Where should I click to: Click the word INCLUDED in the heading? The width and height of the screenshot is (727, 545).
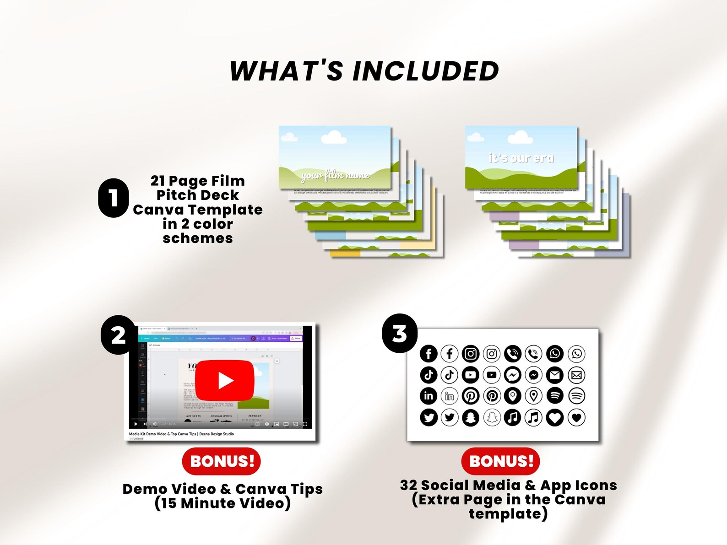pyautogui.click(x=425, y=71)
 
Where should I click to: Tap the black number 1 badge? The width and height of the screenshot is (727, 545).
pyautogui.click(x=113, y=198)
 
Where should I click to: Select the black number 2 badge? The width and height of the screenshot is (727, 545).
pyautogui.click(x=118, y=335)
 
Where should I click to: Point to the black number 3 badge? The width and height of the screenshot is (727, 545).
pyautogui.click(x=399, y=333)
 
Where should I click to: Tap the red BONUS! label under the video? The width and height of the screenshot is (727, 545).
pyautogui.click(x=222, y=461)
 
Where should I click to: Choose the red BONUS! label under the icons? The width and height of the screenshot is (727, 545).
pyautogui.click(x=501, y=461)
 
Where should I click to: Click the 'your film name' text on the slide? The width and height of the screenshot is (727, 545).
pyautogui.click(x=335, y=175)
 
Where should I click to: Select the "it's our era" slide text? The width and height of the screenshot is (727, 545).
pyautogui.click(x=521, y=158)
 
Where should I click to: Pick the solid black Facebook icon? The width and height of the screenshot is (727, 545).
pyautogui.click(x=429, y=354)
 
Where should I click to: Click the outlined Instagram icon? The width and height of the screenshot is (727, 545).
pyautogui.click(x=492, y=354)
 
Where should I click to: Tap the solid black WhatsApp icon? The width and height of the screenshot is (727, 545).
pyautogui.click(x=555, y=354)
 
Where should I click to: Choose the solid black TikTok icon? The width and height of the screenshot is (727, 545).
pyautogui.click(x=429, y=375)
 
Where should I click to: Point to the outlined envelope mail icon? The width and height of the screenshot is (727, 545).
pyautogui.click(x=576, y=375)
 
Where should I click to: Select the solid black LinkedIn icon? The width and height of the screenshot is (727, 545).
pyautogui.click(x=429, y=396)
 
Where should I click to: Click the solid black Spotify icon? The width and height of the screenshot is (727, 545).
pyautogui.click(x=555, y=396)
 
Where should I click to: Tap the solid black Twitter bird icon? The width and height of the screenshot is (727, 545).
pyautogui.click(x=429, y=417)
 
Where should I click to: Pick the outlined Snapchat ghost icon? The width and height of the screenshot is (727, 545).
pyautogui.click(x=492, y=417)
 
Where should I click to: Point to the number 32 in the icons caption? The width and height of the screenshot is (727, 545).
pyautogui.click(x=408, y=485)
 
